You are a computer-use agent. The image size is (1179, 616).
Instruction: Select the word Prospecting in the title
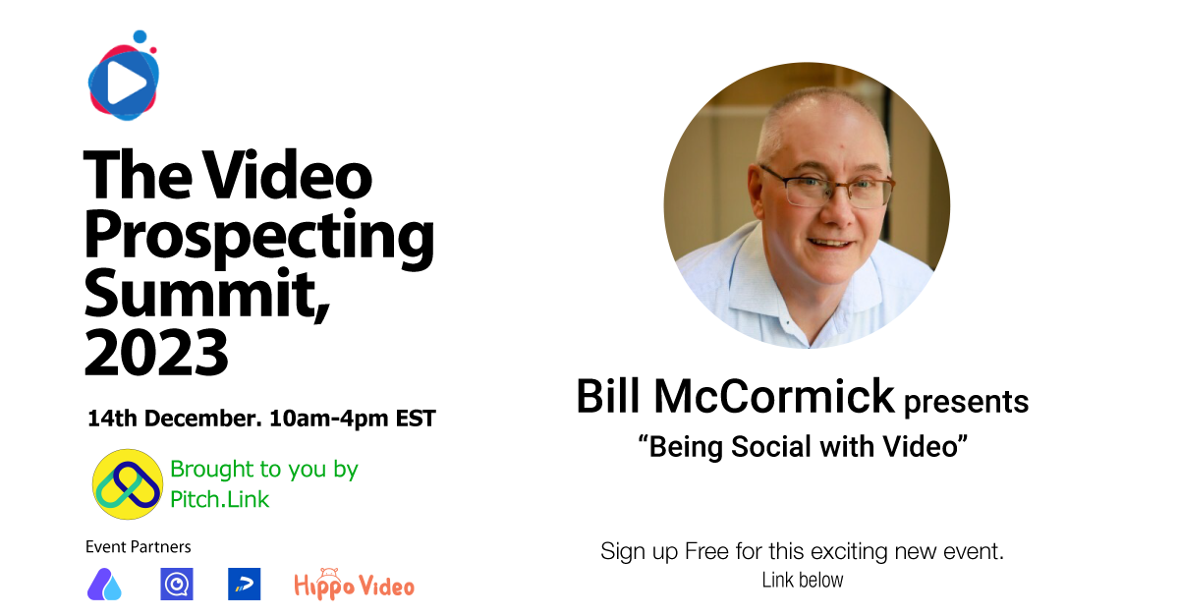coord(258,238)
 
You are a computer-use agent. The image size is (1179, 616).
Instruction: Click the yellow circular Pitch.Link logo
coord(127,484)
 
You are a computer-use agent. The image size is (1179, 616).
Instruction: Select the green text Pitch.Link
coord(219,499)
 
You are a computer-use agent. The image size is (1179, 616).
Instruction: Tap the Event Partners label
coord(139,547)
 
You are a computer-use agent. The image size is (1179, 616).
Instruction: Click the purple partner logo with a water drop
coord(104,585)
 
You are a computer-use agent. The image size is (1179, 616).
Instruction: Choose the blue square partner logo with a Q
coord(177,585)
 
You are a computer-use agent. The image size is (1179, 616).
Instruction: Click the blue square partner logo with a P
coord(244,585)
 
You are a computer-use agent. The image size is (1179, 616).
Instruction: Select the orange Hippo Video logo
coord(354,585)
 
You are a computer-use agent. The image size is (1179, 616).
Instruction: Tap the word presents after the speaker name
coord(966,401)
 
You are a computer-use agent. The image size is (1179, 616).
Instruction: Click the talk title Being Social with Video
coord(804,447)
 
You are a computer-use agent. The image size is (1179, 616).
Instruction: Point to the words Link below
coord(803,581)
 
